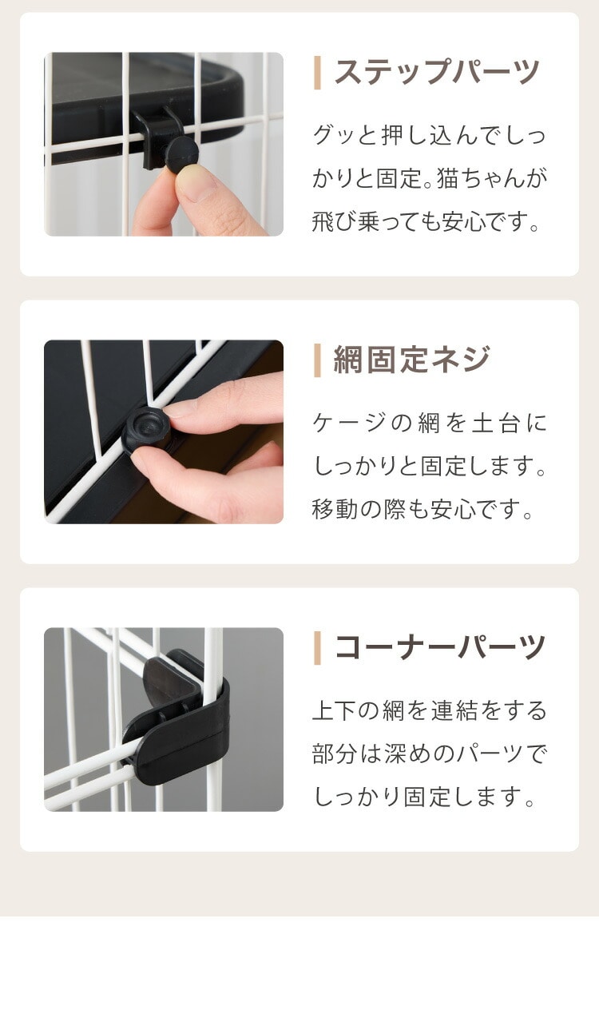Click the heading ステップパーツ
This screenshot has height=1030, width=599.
tap(436, 72)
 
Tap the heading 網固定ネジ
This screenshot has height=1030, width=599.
tap(411, 360)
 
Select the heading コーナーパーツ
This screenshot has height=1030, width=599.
tap(439, 647)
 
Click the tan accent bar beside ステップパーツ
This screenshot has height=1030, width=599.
tap(317, 73)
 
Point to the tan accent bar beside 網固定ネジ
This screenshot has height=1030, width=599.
tap(317, 360)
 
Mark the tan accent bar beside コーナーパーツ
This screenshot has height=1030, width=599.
tap(317, 648)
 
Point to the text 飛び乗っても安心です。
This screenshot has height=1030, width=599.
tap(426, 222)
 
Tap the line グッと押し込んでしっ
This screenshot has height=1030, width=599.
tap(429, 135)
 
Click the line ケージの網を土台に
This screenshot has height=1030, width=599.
tap(430, 423)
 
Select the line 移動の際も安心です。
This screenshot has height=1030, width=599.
tap(422, 510)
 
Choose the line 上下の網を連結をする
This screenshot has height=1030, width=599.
tap(430, 710)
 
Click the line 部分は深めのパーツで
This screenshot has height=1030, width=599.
tap(430, 754)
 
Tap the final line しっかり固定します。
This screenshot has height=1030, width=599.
tap(424, 797)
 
